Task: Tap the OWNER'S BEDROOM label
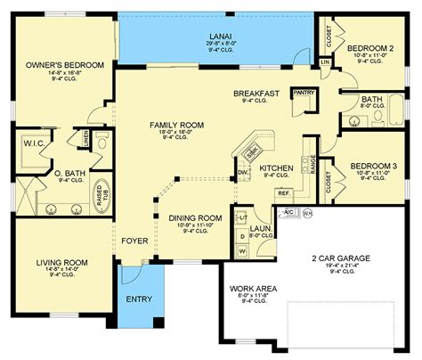point(64,66)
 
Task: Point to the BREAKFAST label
point(258,93)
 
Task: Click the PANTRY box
point(304,92)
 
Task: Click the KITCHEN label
point(277,168)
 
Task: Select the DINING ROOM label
point(196,218)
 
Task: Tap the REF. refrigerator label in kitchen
point(285,192)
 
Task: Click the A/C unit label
point(289,213)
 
